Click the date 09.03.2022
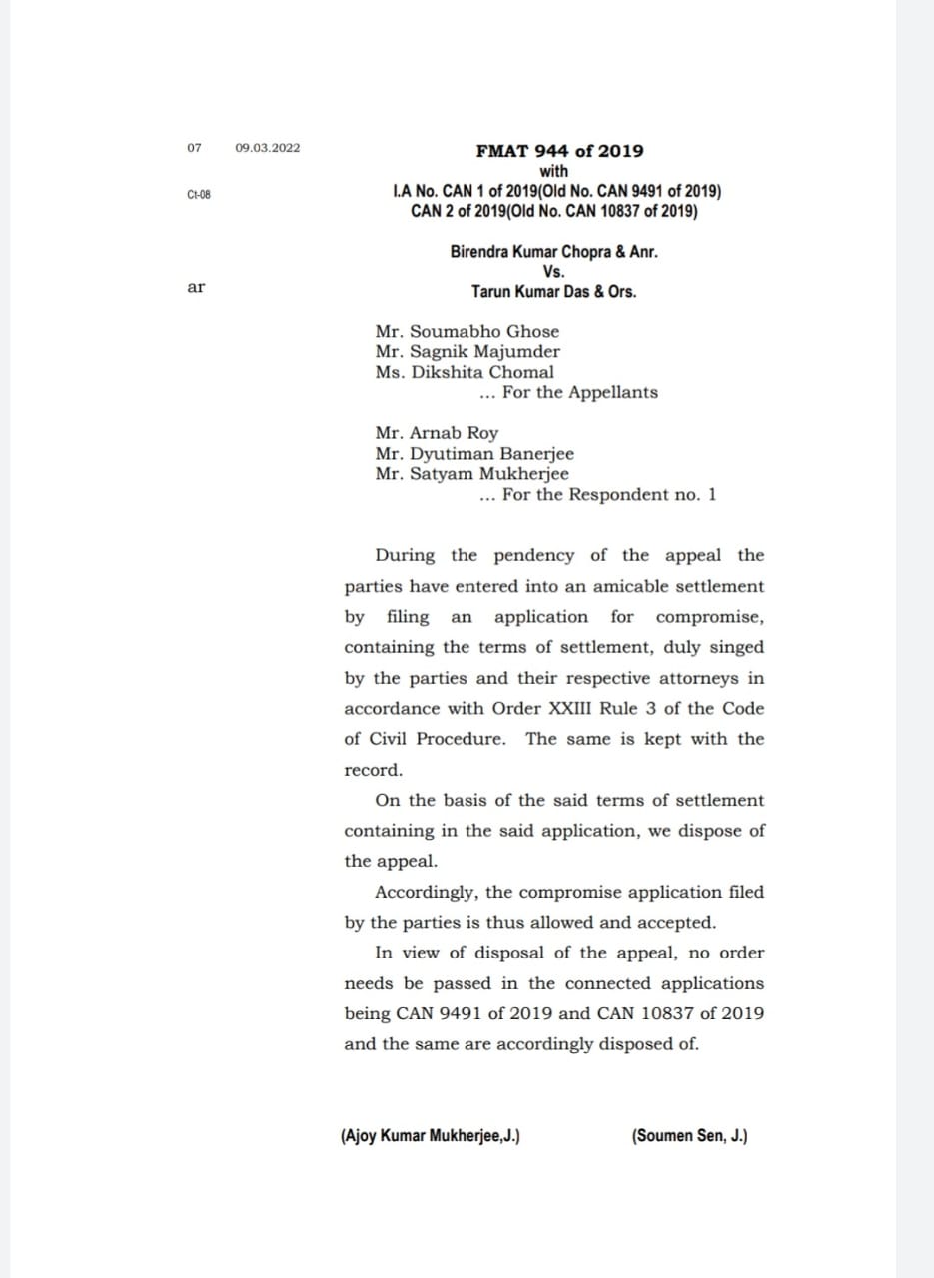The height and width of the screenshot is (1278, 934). [267, 148]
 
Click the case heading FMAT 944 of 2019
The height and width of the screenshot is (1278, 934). [559, 151]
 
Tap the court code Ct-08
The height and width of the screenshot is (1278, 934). [199, 194]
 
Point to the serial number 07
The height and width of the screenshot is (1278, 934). [194, 148]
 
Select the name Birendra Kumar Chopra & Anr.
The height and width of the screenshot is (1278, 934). [553, 252]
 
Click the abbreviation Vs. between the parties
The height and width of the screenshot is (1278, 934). [553, 272]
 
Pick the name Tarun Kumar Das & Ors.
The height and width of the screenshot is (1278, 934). [553, 292]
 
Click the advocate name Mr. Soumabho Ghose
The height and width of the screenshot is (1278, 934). [467, 331]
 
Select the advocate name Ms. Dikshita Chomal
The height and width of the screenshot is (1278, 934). [465, 372]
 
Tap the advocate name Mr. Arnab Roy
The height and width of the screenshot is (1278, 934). [437, 433]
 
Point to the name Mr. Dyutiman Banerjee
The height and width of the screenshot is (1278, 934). [474, 454]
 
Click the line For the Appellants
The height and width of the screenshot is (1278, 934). [568, 392]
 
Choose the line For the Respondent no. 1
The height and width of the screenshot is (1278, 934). [597, 495]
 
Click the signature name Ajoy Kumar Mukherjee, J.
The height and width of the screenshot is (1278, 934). [430, 1136]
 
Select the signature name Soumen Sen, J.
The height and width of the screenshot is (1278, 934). [689, 1136]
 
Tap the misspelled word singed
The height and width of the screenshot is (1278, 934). [738, 647]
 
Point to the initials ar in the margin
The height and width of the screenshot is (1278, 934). [196, 288]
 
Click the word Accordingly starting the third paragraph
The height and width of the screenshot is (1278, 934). [424, 892]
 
